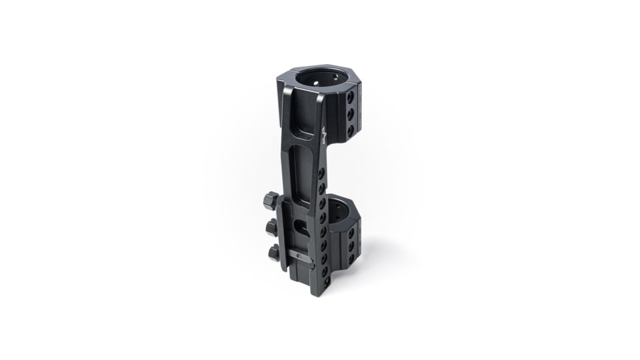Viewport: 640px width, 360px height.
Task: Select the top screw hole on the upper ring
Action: (x=350, y=97)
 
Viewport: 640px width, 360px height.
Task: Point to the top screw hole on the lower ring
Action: (x=352, y=232)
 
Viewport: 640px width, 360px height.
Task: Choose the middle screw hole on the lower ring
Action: (x=352, y=247)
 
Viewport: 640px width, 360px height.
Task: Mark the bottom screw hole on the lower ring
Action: (x=352, y=259)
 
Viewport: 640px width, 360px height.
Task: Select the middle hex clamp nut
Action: (x=272, y=228)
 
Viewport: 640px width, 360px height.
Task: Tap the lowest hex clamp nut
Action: (x=274, y=252)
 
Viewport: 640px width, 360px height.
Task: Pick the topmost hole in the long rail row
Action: (x=321, y=173)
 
